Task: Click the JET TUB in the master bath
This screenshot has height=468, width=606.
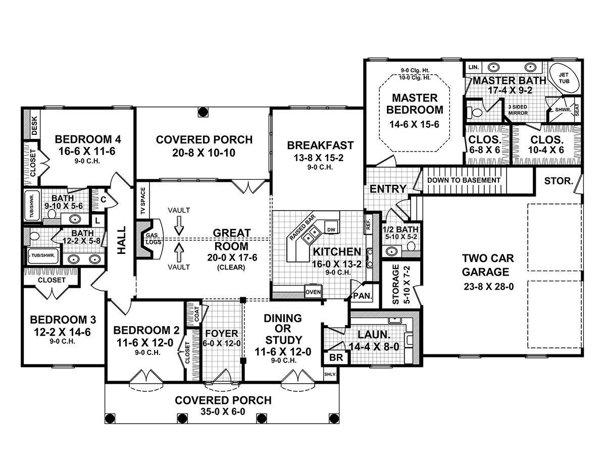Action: tap(564, 78)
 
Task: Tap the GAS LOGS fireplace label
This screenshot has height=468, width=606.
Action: tap(151, 239)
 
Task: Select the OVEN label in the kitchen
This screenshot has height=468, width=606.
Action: tap(312, 292)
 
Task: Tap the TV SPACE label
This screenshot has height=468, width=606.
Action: tap(143, 201)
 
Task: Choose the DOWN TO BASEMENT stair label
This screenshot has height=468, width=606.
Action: tap(464, 180)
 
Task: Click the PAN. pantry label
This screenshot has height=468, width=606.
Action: tap(362, 296)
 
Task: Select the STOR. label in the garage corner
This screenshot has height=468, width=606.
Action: tap(558, 181)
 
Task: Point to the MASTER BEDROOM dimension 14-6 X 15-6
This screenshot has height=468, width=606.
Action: tap(414, 124)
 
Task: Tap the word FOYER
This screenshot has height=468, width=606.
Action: tap(221, 334)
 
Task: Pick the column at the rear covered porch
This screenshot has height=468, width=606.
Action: tap(203, 111)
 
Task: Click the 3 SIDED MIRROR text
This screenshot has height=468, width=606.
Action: tap(518, 110)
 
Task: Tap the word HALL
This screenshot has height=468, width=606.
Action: tap(121, 246)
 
